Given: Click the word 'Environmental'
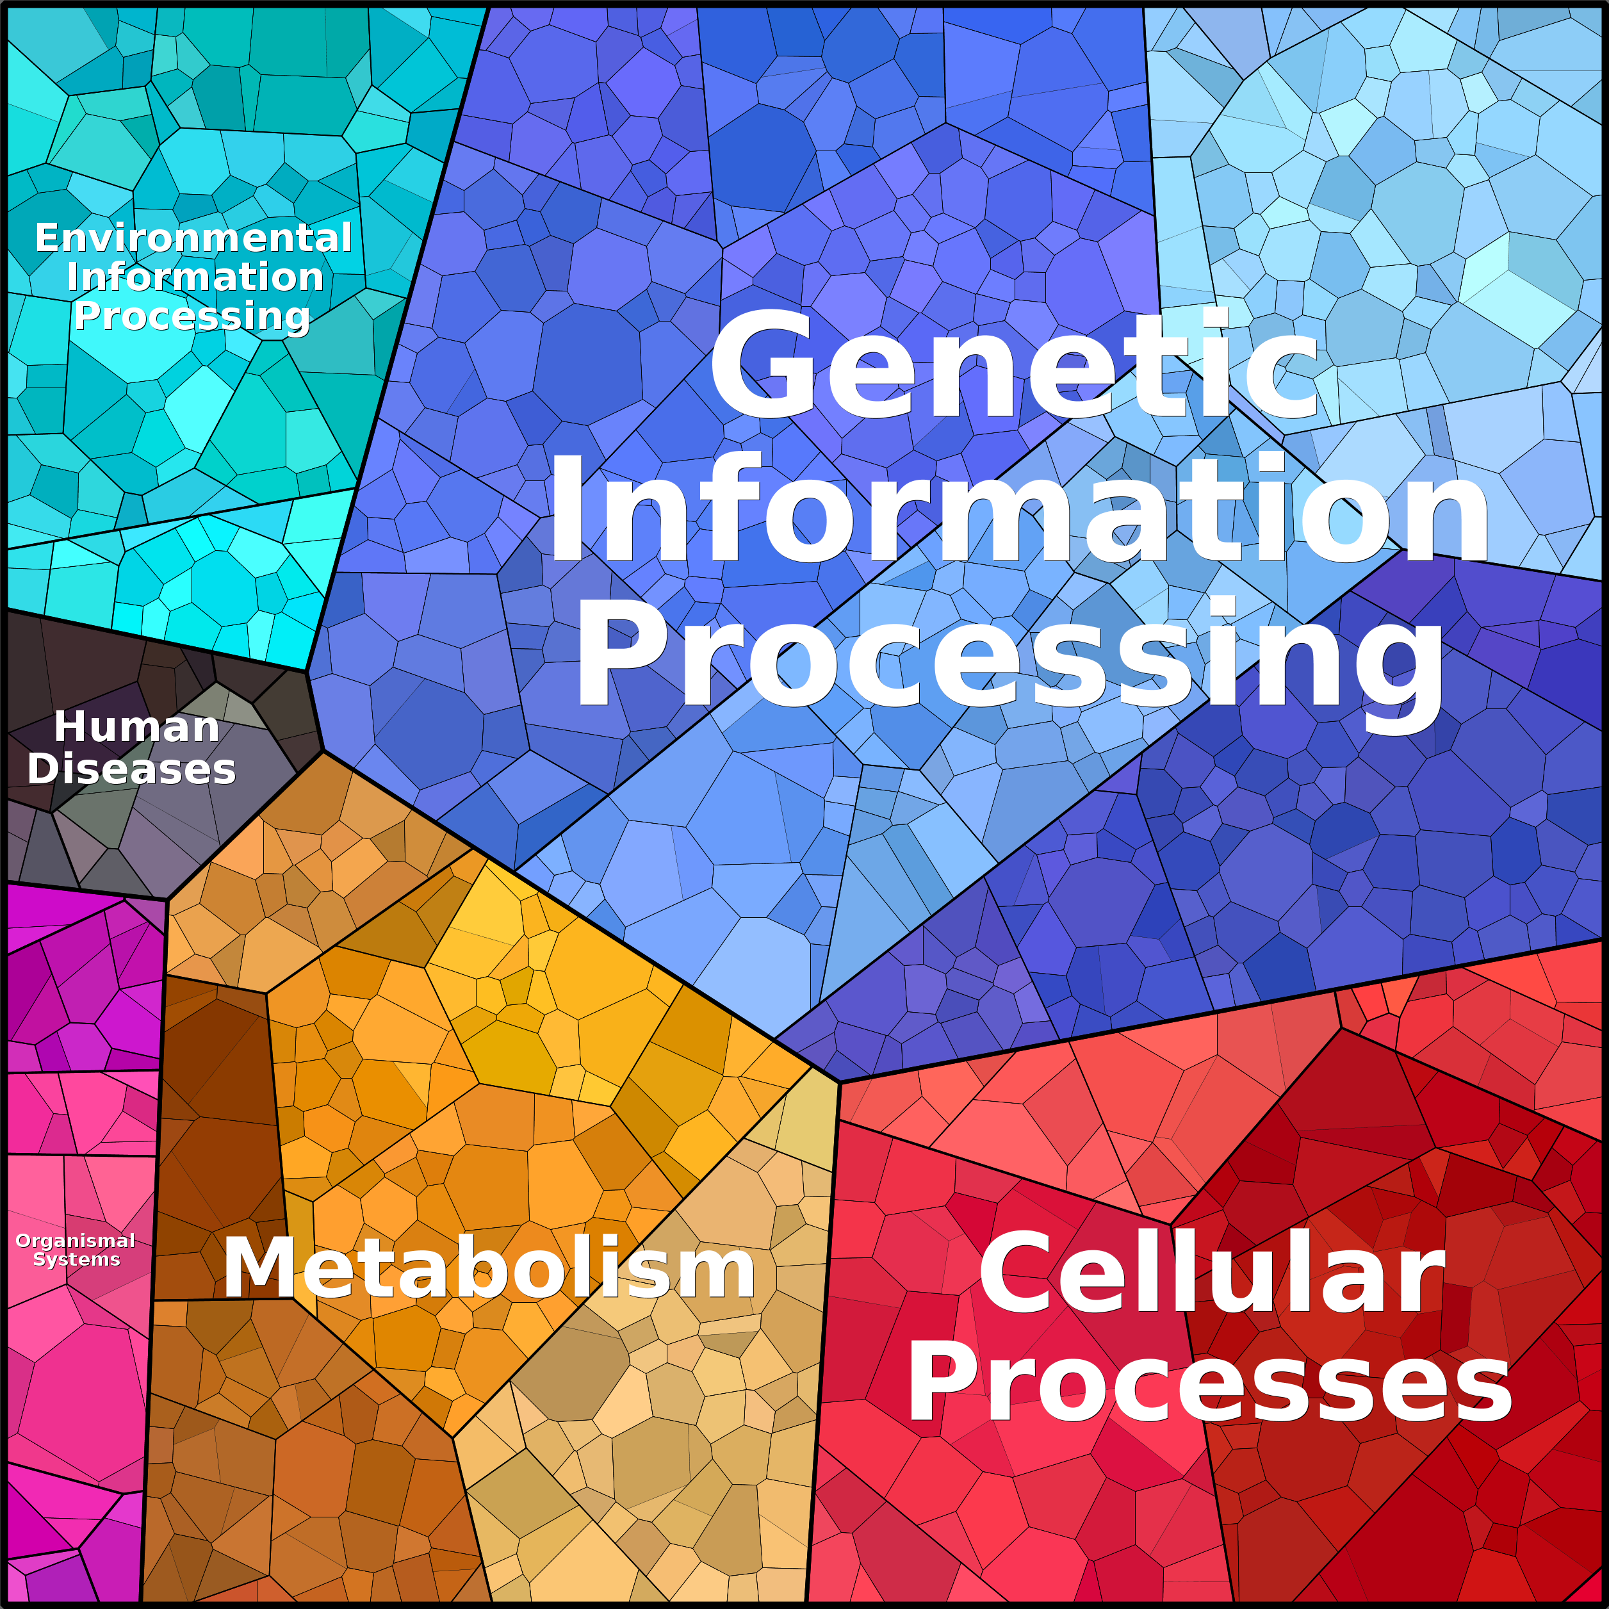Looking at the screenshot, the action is [x=193, y=238].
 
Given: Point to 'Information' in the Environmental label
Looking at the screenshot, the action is [x=195, y=277].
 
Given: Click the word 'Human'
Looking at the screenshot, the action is [x=136, y=727].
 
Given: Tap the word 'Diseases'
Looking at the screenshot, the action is [x=131, y=769].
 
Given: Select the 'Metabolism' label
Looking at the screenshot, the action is [x=489, y=1268].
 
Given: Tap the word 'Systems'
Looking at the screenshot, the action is [x=77, y=1259].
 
